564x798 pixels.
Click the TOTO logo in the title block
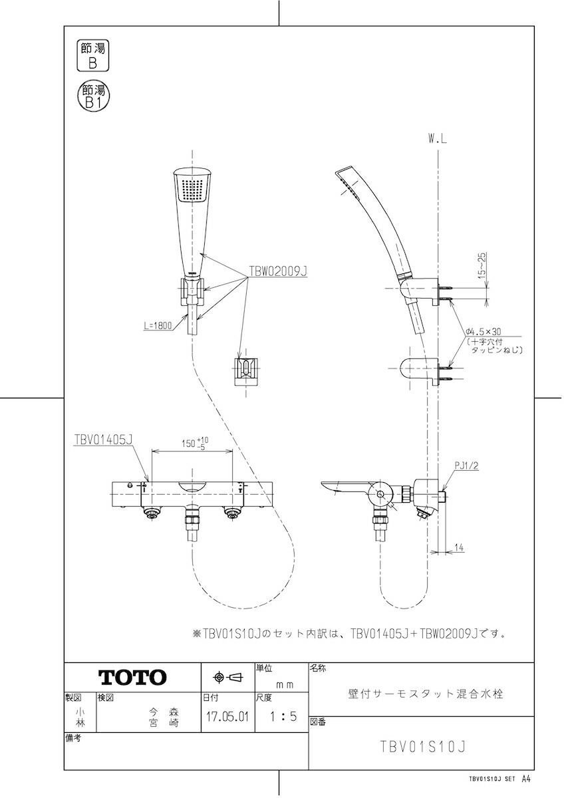(132, 677)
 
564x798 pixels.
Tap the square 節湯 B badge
(93, 56)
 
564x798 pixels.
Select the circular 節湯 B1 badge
(93, 96)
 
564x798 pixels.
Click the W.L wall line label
(438, 139)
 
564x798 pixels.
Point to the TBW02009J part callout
(278, 271)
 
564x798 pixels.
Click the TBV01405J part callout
(103, 440)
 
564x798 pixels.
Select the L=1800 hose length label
(158, 325)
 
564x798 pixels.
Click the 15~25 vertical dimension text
(483, 266)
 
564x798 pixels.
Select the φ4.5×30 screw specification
(484, 332)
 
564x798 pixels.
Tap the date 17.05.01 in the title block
(227, 716)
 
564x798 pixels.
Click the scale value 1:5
(283, 716)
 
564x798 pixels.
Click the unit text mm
(285, 685)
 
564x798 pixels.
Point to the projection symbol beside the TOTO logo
(228, 677)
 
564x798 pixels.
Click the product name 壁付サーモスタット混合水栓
(426, 694)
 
